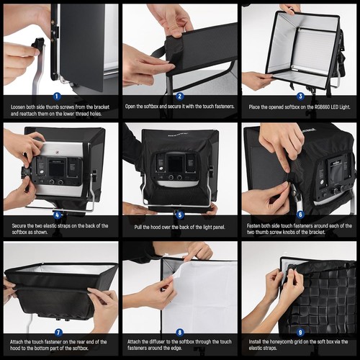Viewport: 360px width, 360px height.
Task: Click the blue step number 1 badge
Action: pyautogui.click(x=58, y=96)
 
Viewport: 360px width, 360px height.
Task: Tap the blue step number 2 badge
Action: pyautogui.click(x=179, y=96)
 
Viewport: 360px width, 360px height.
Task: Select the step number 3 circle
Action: pyautogui.click(x=300, y=96)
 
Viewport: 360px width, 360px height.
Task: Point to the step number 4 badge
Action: pyautogui.click(x=58, y=215)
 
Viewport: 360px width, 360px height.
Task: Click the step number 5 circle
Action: pyautogui.click(x=179, y=215)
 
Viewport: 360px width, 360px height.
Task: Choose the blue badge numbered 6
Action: pyautogui.click(x=300, y=215)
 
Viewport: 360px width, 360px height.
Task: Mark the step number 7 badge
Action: pyautogui.click(x=58, y=333)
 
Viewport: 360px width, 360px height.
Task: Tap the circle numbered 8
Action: pyautogui.click(x=179, y=333)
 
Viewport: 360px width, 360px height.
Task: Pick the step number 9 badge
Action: pyautogui.click(x=300, y=333)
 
